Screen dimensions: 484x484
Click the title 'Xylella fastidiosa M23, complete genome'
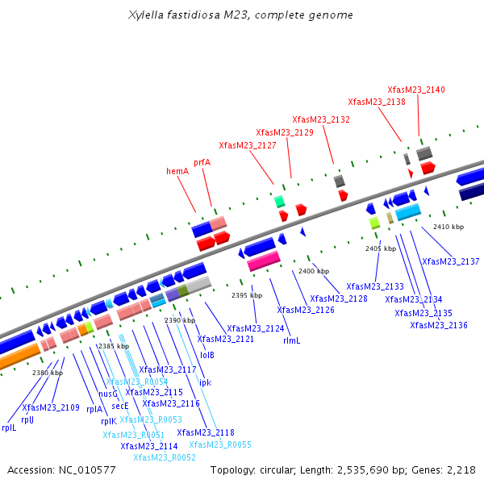point(240,15)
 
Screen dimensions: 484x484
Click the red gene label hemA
point(177,171)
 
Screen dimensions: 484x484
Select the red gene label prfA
point(202,162)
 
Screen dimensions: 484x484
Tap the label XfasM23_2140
point(415,90)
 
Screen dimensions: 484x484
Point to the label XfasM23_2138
point(377,102)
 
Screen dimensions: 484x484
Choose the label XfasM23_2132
point(321,119)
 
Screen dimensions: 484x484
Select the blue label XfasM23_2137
point(450,261)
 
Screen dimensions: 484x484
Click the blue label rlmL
point(291,340)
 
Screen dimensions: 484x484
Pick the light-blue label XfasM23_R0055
point(220,444)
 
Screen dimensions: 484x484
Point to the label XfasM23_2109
point(51,408)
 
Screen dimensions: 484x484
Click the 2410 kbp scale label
point(449,227)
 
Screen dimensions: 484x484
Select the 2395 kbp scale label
point(247,296)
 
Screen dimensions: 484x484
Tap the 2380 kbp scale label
point(48,373)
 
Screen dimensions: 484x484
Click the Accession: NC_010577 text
point(61,469)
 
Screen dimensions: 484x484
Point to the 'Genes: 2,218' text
point(447,469)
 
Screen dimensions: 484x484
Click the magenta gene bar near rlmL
point(263,261)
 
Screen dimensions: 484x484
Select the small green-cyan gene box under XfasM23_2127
point(279,201)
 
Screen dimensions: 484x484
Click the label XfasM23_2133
point(375,286)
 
